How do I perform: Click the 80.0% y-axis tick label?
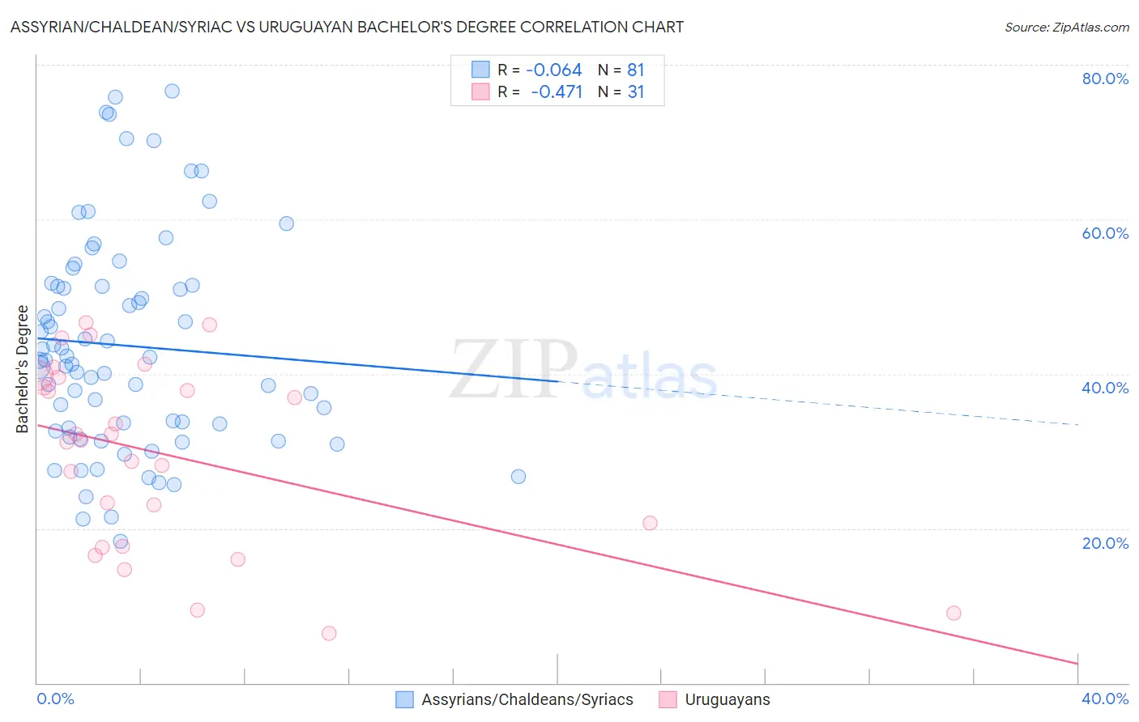coord(1105,79)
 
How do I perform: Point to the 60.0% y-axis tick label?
coord(1105,233)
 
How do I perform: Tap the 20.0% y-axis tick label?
coord(1105,543)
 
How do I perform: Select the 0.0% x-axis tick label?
coord(55,699)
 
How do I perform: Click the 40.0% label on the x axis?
coord(1105,699)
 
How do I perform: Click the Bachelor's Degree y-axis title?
coord(23,369)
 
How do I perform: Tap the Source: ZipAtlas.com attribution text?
coord(1066,27)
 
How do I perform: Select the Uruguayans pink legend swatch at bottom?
coord(668,699)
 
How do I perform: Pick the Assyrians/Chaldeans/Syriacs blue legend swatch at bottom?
coord(404,699)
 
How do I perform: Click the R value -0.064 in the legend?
coord(554,70)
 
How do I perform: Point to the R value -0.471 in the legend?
coord(557,92)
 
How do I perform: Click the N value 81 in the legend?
coord(636,70)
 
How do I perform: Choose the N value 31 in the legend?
coord(636,92)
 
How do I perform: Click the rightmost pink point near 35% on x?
coord(953,614)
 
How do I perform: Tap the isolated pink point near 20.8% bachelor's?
coord(650,523)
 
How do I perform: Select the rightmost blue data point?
coord(518,477)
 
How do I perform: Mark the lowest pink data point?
coord(329,633)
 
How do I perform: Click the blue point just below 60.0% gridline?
coord(286,223)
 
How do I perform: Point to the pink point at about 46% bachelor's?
coord(209,325)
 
